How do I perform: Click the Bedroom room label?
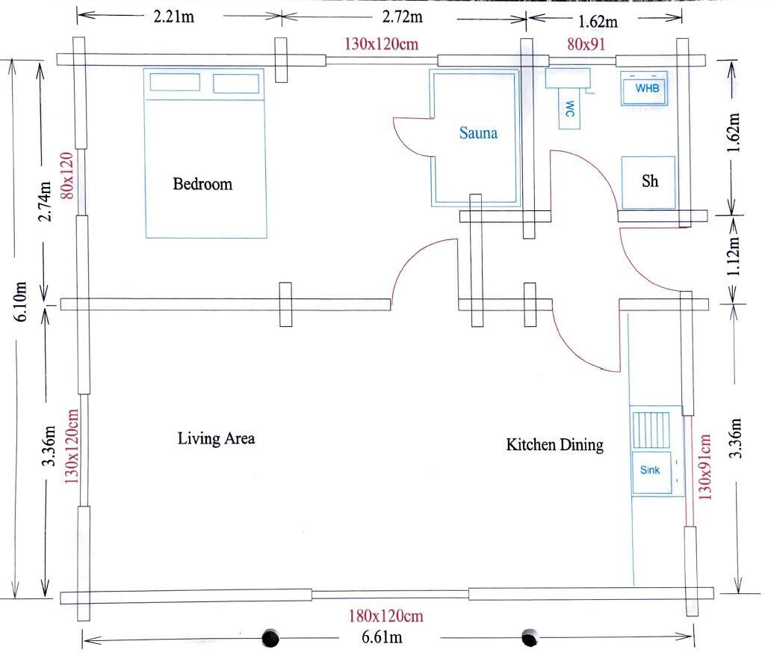pyautogui.click(x=202, y=184)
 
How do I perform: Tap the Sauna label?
pyautogui.click(x=477, y=135)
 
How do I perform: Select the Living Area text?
pyautogui.click(x=216, y=438)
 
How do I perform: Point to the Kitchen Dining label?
pyautogui.click(x=554, y=445)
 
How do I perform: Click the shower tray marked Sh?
pyautogui.click(x=650, y=182)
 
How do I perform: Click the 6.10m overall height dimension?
pyautogui.click(x=22, y=301)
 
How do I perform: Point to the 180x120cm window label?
pyautogui.click(x=386, y=617)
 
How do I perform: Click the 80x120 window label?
pyautogui.click(x=66, y=175)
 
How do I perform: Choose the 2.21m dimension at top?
pyautogui.click(x=174, y=16)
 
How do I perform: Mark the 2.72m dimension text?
pyautogui.click(x=401, y=16)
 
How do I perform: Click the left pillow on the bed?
pyautogui.click(x=175, y=82)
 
